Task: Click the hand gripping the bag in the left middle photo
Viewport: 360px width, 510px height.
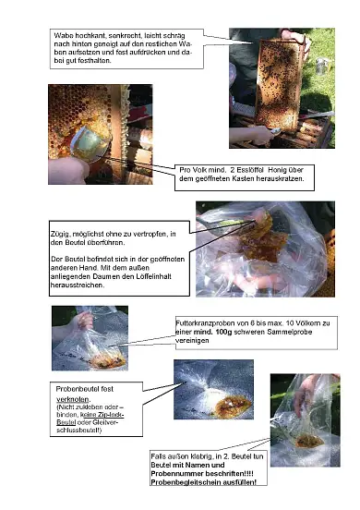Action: click(87, 320)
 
